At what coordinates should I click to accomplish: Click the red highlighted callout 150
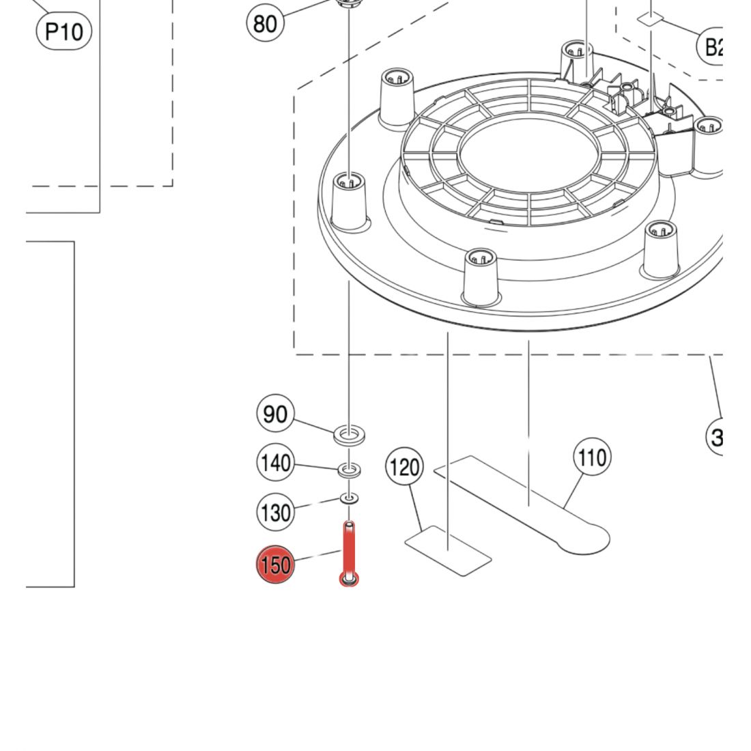(x=274, y=565)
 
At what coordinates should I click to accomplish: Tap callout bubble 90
(x=275, y=414)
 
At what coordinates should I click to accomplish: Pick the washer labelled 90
(x=350, y=434)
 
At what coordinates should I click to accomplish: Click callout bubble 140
(x=275, y=464)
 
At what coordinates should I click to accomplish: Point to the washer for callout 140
(x=350, y=470)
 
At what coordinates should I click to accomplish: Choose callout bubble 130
(x=275, y=512)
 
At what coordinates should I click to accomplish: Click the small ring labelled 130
(x=350, y=499)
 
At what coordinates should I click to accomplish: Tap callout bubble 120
(x=405, y=468)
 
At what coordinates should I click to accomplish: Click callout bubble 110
(x=591, y=457)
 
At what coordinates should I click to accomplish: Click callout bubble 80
(x=265, y=23)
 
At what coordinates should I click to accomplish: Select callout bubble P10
(x=63, y=31)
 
